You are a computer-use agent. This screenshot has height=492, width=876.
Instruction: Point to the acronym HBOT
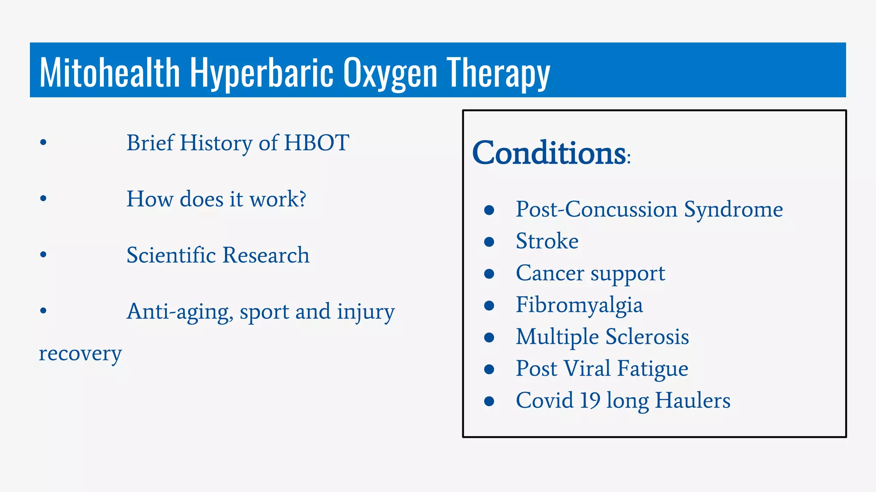pyautogui.click(x=317, y=143)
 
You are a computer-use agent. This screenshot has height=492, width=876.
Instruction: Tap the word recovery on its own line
pyautogui.click(x=80, y=354)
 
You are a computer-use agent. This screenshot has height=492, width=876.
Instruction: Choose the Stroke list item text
pyautogui.click(x=547, y=241)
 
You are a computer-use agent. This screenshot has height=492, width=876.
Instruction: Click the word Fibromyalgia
pyautogui.click(x=579, y=305)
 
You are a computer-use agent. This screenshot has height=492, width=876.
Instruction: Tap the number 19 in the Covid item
pyautogui.click(x=590, y=400)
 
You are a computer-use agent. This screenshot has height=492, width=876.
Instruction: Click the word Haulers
pyautogui.click(x=693, y=400)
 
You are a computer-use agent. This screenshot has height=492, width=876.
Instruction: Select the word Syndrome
pyautogui.click(x=733, y=209)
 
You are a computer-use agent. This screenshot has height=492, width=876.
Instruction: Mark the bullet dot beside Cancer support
pyautogui.click(x=489, y=273)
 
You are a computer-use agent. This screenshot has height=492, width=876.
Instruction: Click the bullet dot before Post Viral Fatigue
pyautogui.click(x=489, y=369)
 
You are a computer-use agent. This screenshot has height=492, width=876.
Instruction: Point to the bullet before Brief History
pyautogui.click(x=43, y=142)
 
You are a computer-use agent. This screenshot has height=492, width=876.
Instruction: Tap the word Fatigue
pyautogui.click(x=653, y=369)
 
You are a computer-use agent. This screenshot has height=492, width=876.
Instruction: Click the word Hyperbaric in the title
pyautogui.click(x=261, y=73)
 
